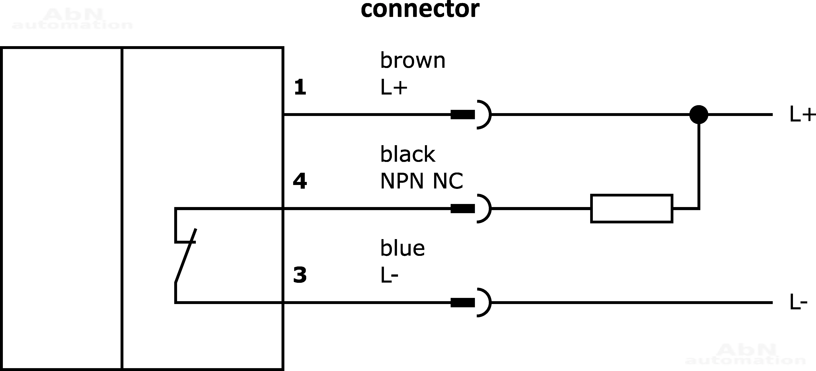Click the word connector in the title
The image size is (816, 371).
(x=420, y=10)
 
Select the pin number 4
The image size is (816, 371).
(x=300, y=181)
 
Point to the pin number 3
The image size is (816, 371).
(x=300, y=275)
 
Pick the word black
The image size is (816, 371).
(x=408, y=154)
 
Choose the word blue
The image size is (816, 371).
(x=402, y=248)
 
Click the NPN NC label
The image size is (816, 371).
(x=421, y=181)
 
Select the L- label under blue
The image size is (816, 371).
(x=389, y=275)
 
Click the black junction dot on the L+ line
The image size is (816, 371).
(x=699, y=115)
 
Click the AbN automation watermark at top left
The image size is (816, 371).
(x=72, y=19)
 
